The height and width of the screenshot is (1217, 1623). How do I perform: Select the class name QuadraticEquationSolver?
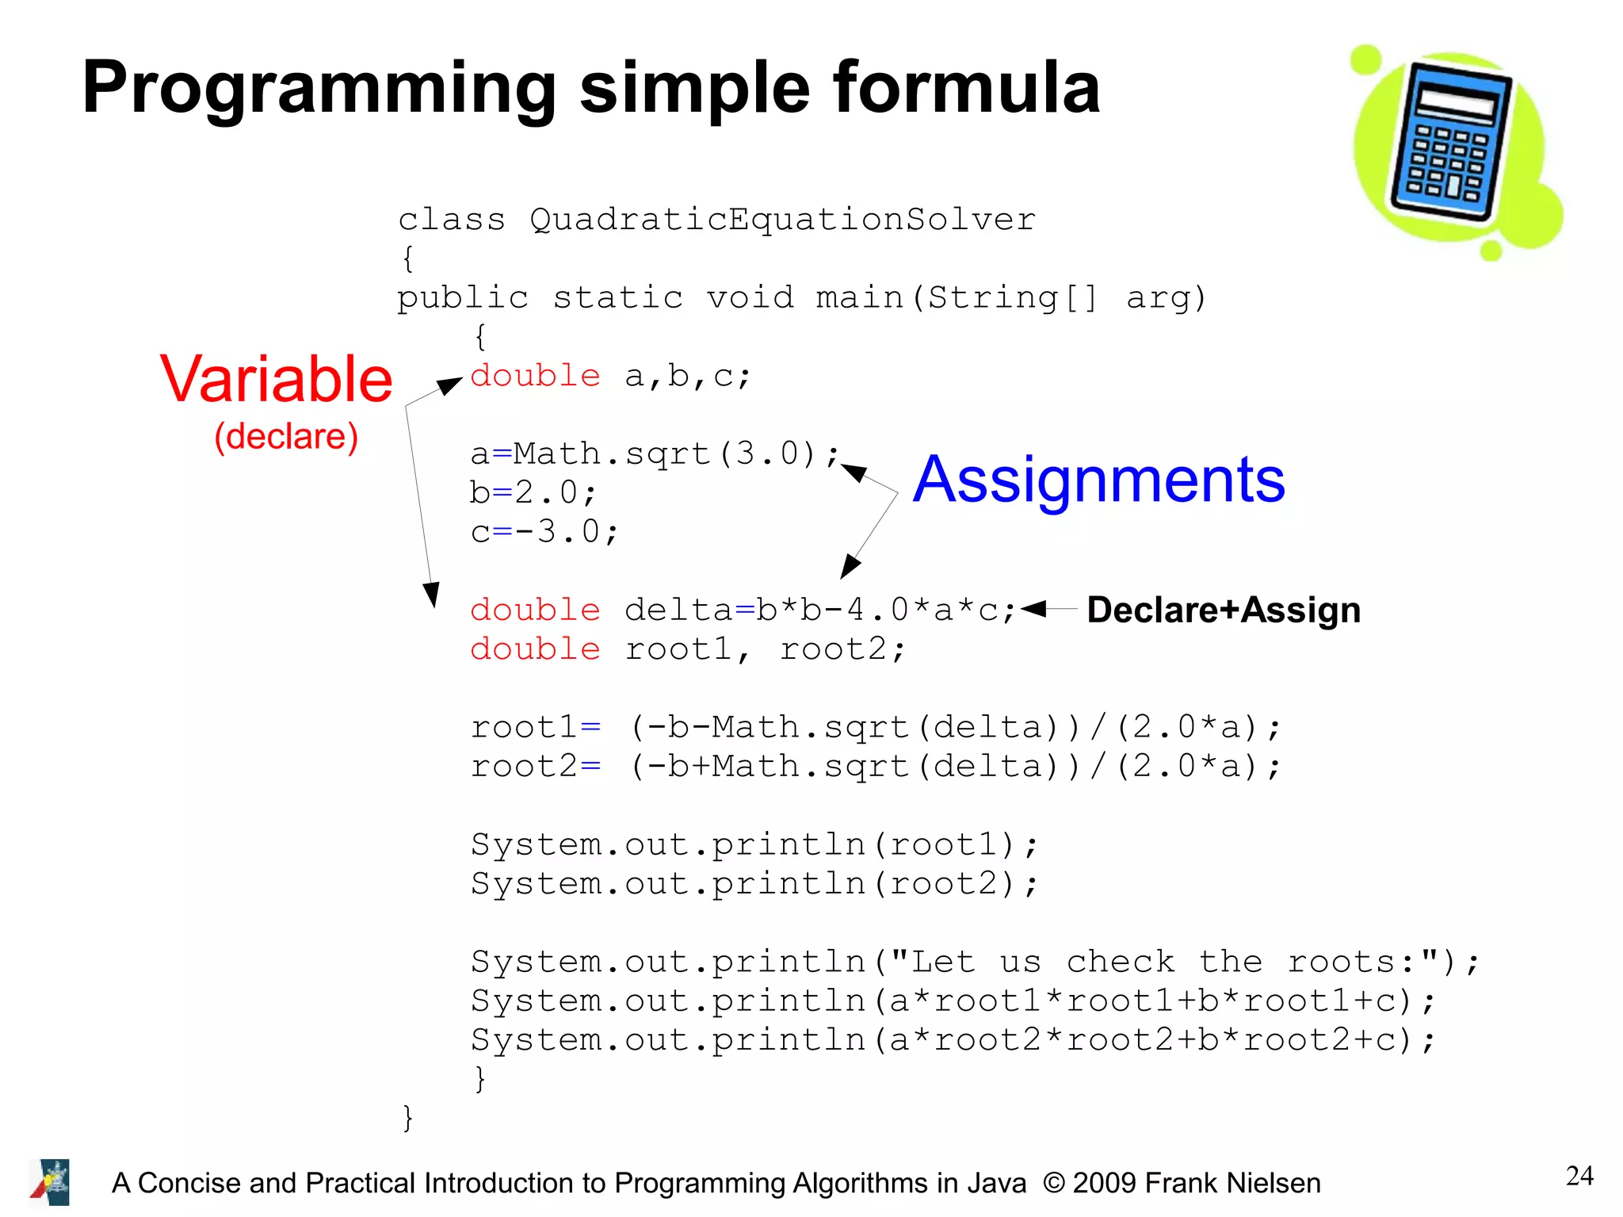[x=782, y=220]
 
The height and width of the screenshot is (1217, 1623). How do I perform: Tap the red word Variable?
[x=276, y=380]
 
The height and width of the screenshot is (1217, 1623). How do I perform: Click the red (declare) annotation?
[x=286, y=437]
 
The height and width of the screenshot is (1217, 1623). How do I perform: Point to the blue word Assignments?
[x=1098, y=480]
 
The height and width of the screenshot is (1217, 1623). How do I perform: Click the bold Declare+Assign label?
[x=1223, y=610]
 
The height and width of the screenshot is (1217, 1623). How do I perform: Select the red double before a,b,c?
[x=535, y=376]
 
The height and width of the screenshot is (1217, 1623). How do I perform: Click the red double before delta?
[x=535, y=610]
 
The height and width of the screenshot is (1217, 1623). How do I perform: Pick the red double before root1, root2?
[x=535, y=649]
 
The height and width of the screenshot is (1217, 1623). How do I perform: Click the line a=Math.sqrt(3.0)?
[x=654, y=454]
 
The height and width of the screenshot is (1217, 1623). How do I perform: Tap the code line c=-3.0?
[x=544, y=532]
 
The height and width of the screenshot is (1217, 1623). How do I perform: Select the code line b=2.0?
[x=533, y=493]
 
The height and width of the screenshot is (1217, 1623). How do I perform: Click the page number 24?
[x=1579, y=1176]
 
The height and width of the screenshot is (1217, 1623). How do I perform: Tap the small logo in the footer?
[x=50, y=1182]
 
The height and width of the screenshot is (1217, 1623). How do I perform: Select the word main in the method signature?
[x=859, y=298]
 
